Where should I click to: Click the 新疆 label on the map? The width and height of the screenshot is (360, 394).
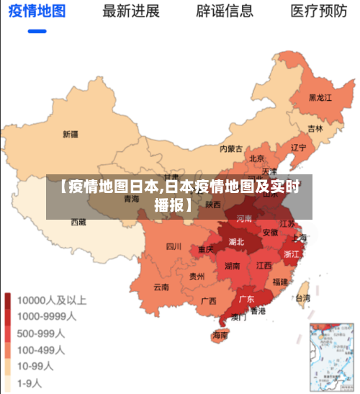[x=70, y=134]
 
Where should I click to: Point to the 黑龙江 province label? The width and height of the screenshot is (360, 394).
[x=320, y=97]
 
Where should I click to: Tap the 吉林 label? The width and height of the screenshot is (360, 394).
[x=315, y=129]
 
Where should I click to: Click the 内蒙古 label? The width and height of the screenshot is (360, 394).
[x=231, y=149]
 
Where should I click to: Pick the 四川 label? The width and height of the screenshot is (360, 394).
[x=174, y=246]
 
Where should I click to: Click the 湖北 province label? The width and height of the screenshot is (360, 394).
[x=236, y=242]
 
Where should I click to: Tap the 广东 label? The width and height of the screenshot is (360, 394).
[x=246, y=298]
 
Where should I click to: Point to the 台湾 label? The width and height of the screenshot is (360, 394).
[x=303, y=297]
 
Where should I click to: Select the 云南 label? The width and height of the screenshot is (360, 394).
[x=161, y=287]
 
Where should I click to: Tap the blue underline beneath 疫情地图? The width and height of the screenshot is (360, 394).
[x=37, y=31]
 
